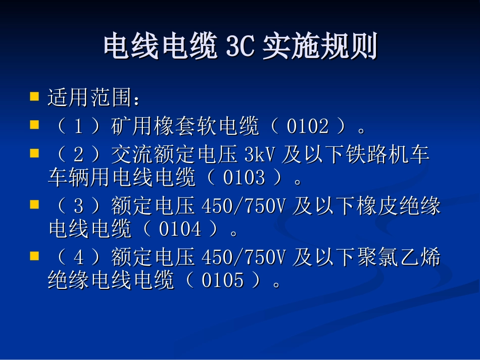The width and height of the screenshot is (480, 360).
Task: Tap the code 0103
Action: [244, 178]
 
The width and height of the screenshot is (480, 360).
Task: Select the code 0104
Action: [180, 230]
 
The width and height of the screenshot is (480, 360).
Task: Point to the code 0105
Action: [222, 281]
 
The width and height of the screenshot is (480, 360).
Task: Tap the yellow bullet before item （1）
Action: [34, 125]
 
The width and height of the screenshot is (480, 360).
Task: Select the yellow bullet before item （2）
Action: [34, 152]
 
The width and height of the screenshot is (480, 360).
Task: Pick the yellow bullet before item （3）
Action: [34, 204]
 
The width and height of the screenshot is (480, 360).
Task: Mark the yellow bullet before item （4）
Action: [34, 256]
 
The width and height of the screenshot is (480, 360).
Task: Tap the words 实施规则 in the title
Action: [320, 47]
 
